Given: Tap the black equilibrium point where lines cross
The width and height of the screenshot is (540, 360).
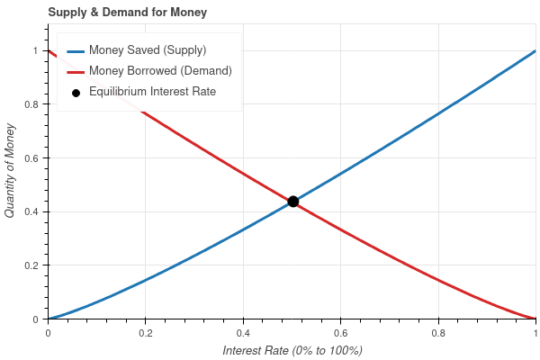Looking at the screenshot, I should click(292, 202).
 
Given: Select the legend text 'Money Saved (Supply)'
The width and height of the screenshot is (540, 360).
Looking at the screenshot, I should click(154, 49).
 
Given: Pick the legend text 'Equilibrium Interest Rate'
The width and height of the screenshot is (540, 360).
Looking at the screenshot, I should click(158, 92).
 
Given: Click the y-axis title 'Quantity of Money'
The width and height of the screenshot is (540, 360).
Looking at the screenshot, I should click(11, 171).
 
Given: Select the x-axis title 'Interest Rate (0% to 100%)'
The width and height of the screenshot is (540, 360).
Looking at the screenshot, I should click(292, 349).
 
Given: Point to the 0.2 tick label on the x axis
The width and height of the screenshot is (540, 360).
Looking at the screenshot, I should click(146, 331).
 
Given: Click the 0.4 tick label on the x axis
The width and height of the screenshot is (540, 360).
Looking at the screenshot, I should click(243, 331).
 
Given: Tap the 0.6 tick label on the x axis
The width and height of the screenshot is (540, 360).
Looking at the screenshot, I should click(341, 331).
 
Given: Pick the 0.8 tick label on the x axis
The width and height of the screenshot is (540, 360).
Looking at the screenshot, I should click(438, 331).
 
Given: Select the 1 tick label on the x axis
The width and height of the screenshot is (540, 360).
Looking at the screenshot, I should click(535, 331).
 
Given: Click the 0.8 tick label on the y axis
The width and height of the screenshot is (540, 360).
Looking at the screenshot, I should click(36, 104).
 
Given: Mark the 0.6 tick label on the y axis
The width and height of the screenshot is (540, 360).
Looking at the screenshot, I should click(36, 158).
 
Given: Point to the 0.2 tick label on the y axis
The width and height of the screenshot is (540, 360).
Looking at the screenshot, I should click(36, 265).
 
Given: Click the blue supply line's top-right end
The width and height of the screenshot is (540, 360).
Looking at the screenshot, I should click(535, 51).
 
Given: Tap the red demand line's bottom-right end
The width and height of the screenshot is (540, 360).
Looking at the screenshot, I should click(535, 319).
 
